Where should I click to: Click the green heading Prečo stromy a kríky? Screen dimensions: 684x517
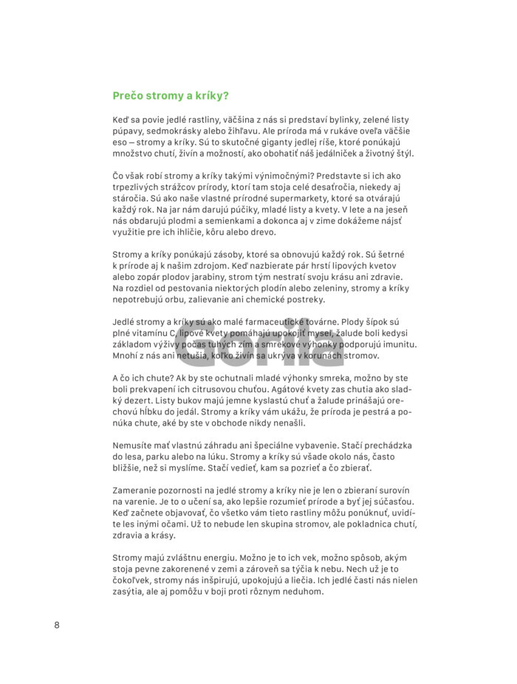tap(171, 95)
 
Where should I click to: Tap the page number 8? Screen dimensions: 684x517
tap(57, 625)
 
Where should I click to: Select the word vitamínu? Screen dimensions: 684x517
tap(148, 334)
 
